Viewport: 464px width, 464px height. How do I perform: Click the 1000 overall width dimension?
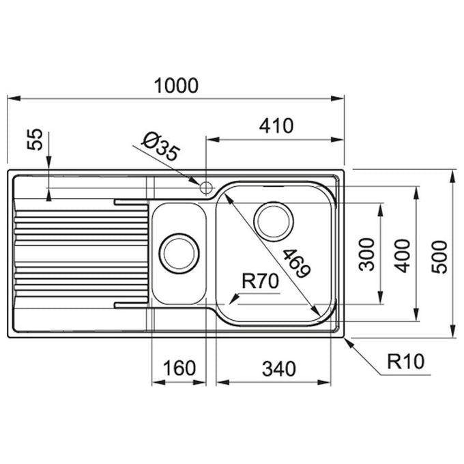[x=176, y=86]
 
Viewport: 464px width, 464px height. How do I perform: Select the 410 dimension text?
[x=276, y=126]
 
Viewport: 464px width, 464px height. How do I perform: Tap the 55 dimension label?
[x=35, y=139]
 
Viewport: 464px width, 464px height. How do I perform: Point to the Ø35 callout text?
[x=160, y=147]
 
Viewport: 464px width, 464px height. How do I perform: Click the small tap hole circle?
[x=205, y=188]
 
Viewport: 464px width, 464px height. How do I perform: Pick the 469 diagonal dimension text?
[x=297, y=263]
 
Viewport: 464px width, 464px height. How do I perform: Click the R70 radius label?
[x=260, y=281]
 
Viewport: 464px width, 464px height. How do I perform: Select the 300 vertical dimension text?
[x=366, y=255]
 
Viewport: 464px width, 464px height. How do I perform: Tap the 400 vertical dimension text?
[x=403, y=256]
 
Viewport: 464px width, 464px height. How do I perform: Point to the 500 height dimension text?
[x=439, y=257]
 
